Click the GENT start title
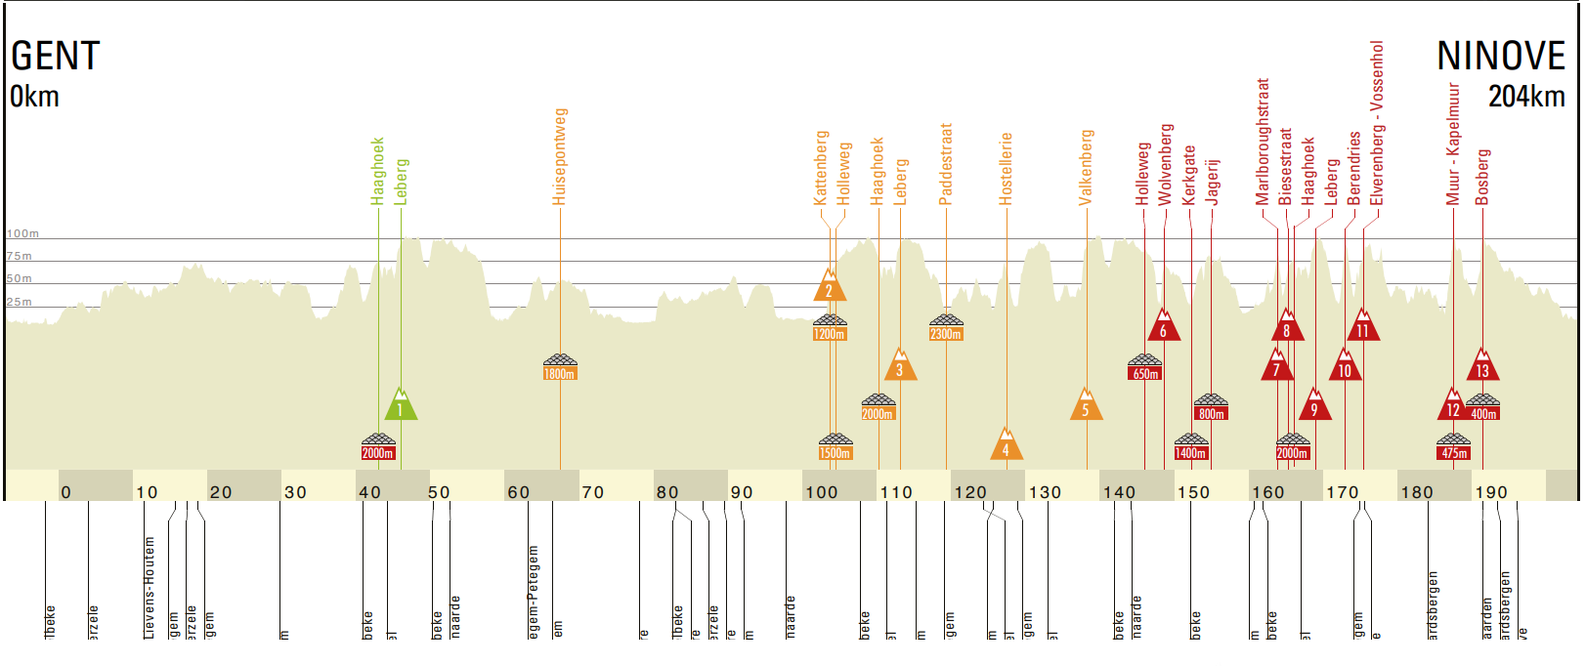(56, 57)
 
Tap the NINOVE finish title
(1500, 57)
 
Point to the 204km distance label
(1526, 97)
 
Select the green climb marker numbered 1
(400, 406)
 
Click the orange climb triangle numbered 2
(829, 287)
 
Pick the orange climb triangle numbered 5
(1086, 406)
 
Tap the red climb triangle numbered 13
(1482, 367)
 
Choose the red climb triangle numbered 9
(1314, 406)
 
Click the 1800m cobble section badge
(560, 368)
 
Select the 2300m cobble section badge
(946, 328)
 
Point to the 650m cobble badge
(1145, 368)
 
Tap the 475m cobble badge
(1454, 447)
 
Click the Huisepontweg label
(560, 156)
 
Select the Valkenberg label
(1086, 167)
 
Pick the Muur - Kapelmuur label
(1453, 144)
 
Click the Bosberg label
(1482, 177)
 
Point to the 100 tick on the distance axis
(822, 492)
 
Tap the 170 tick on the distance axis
(1343, 492)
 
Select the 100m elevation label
(22, 234)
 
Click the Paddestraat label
(946, 164)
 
